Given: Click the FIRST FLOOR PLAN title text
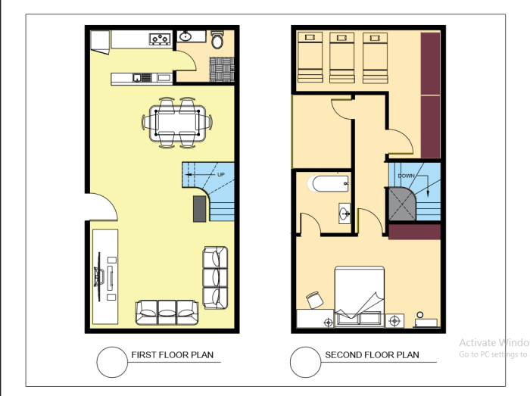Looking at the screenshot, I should click(172, 354).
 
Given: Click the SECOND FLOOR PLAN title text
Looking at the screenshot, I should click(372, 354).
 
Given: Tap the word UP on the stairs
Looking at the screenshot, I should click(221, 175).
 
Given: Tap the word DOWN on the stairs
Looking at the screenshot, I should click(407, 176).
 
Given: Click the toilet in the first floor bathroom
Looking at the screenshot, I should click(217, 41).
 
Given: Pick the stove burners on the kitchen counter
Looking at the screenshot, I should click(159, 38).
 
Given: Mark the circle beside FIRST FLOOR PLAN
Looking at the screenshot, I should click(111, 360).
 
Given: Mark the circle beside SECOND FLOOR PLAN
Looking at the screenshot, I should click(305, 360).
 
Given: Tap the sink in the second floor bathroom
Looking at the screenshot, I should click(345, 214).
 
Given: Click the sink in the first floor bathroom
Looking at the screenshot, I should click(185, 36).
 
